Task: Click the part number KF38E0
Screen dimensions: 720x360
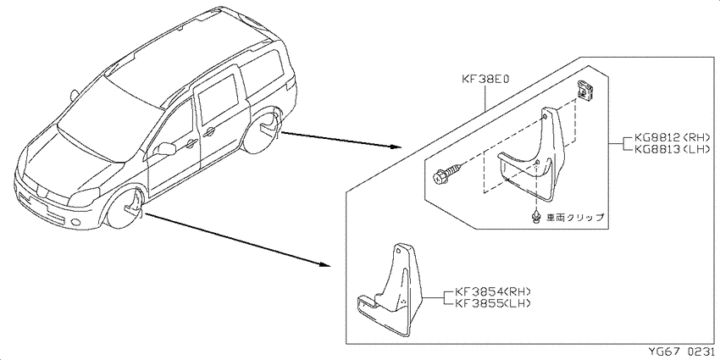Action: pyautogui.click(x=486, y=80)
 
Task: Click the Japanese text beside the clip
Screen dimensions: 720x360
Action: pyautogui.click(x=574, y=218)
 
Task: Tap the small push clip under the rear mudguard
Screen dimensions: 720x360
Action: pyautogui.click(x=535, y=217)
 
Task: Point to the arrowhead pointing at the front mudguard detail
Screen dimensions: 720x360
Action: pyautogui.click(x=324, y=265)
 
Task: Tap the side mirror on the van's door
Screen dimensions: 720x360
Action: pyautogui.click(x=166, y=149)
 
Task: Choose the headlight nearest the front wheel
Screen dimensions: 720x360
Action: pyautogui.click(x=83, y=197)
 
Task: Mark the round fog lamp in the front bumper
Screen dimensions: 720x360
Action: pyautogui.click(x=75, y=223)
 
